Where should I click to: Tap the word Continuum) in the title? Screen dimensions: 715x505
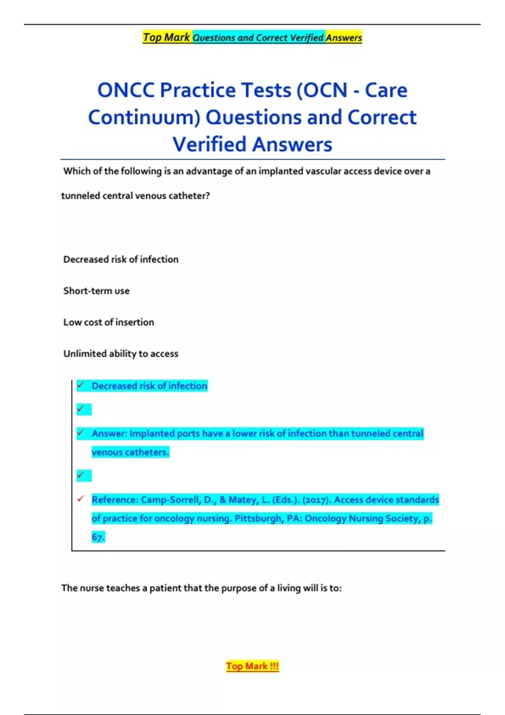point(144,117)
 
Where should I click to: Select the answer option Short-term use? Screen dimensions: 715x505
point(96,291)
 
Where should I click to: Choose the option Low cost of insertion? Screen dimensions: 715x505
point(109,322)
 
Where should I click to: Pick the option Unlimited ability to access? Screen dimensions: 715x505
point(121,354)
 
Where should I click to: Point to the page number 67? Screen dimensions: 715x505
point(98,537)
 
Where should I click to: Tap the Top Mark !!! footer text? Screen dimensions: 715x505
point(252,666)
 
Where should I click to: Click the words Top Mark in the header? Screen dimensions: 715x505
point(166,37)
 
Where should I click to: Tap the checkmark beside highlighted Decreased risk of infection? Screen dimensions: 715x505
point(81,385)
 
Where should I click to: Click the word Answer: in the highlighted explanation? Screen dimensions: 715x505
point(109,434)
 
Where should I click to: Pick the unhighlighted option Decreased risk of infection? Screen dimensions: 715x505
point(121,259)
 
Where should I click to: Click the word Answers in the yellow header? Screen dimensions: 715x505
point(344,38)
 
